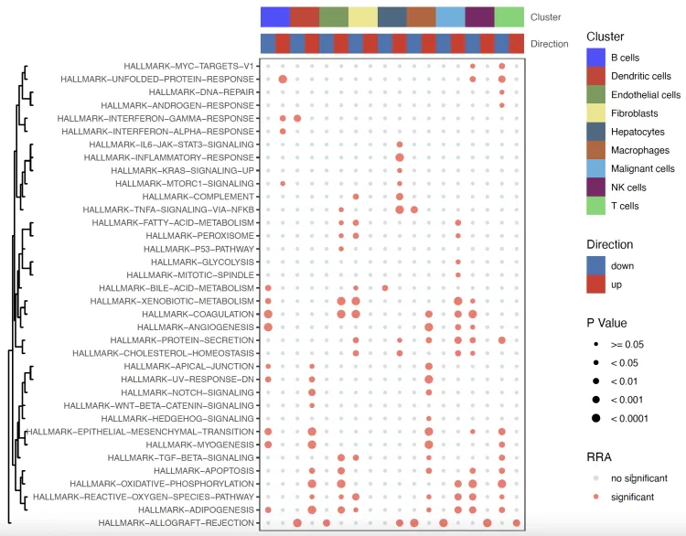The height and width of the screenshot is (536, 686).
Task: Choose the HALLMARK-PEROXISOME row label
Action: pyautogui.click(x=200, y=236)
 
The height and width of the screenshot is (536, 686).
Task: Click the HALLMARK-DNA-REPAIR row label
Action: pyautogui.click(x=200, y=92)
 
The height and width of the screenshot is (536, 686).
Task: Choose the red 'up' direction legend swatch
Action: pyautogui.click(x=597, y=285)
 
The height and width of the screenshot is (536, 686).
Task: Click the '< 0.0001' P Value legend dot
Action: pyautogui.click(x=595, y=418)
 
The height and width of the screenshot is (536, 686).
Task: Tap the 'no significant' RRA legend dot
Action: pyautogui.click(x=595, y=478)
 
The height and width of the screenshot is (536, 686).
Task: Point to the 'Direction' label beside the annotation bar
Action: pyautogui.click(x=550, y=44)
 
